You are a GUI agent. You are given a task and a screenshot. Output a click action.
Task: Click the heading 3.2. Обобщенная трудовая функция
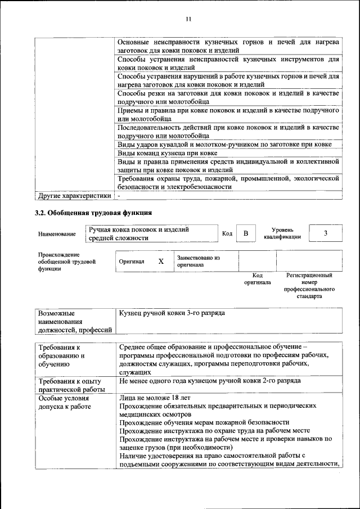93,213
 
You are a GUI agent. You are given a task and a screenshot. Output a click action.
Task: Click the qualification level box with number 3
326,233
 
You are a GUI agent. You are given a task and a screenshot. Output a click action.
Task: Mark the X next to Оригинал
161,262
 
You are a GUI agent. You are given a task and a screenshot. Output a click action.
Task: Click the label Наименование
57,234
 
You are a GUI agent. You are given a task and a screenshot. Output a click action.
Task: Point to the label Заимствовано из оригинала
197,261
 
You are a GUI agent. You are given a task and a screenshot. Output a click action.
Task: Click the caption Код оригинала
257,279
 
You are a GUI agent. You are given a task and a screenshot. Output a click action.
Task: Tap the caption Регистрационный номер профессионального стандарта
309,285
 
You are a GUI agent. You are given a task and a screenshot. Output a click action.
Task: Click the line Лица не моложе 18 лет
155,398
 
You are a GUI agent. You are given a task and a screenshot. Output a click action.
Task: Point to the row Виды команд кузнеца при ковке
168,153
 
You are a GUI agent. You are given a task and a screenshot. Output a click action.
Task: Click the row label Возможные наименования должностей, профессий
73,321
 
